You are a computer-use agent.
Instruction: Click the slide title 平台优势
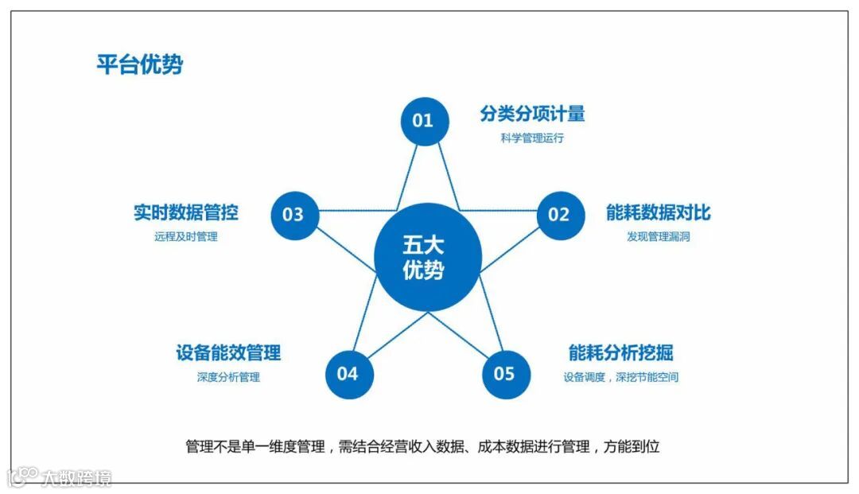(139, 64)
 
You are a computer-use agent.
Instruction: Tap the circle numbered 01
(424, 121)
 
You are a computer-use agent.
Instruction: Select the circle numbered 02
(559, 214)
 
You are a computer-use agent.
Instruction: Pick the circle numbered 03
(293, 214)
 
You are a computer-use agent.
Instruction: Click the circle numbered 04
(348, 373)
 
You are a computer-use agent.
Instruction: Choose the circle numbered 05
(505, 373)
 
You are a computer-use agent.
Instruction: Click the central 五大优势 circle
(428, 258)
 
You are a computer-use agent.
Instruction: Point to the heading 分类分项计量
(532, 114)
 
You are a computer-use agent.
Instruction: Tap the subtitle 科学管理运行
(532, 138)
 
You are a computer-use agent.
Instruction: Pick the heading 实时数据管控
(185, 213)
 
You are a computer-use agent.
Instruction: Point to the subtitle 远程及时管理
(185, 236)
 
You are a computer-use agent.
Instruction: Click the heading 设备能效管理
(228, 352)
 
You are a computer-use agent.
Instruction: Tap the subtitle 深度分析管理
(228, 376)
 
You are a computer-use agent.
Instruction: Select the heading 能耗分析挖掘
(621, 352)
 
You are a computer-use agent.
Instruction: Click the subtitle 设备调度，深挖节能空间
(621, 376)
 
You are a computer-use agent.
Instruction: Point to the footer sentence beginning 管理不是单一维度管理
(422, 446)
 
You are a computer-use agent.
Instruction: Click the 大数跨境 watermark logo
(60, 477)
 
